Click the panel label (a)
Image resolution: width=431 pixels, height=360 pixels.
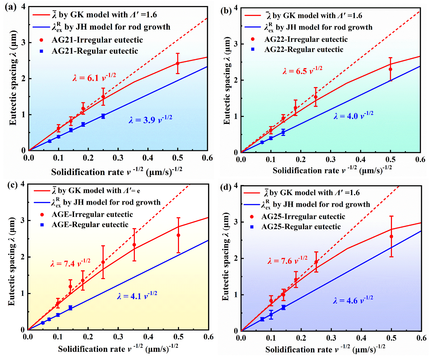point(11,7)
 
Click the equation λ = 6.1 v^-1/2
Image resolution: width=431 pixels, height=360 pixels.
point(94,77)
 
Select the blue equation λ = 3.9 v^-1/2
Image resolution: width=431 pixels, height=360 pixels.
point(150,119)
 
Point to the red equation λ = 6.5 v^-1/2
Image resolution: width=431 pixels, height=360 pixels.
point(302,70)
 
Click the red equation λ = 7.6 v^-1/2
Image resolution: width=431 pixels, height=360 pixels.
point(287,260)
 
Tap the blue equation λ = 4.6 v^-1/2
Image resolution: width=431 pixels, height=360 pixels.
point(353,300)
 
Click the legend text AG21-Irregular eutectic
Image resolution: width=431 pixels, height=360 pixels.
point(97,40)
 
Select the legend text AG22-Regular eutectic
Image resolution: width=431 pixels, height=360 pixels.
point(304,50)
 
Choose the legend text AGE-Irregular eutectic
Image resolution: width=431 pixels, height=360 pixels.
point(92,215)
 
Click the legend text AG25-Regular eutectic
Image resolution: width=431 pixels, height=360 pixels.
point(301,227)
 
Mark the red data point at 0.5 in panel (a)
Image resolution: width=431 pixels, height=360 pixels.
point(178,63)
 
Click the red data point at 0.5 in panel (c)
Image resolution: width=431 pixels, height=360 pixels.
point(178,235)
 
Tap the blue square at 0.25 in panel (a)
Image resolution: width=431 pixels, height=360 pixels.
point(103,116)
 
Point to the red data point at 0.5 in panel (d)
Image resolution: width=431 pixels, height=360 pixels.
point(391,237)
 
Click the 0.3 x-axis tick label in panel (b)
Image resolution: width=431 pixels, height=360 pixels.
point(330,160)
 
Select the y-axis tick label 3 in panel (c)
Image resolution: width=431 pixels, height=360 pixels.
point(23,220)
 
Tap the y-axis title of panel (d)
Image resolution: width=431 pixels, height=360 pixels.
point(226,257)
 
